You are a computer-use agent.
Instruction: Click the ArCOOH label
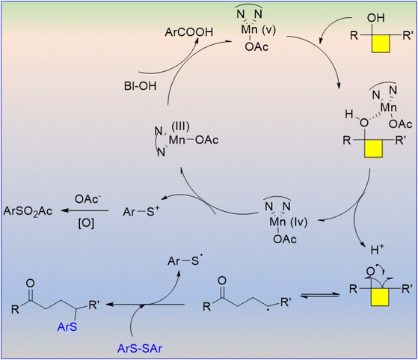189,32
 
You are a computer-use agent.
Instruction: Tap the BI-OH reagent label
141,86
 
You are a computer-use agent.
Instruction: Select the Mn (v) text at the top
258,30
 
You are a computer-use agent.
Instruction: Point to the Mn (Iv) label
289,222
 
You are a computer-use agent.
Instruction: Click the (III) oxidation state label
180,126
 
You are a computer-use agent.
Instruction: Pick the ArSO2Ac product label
28,212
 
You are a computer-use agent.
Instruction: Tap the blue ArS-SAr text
140,349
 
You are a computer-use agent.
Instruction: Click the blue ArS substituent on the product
67,327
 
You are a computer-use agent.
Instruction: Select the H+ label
377,250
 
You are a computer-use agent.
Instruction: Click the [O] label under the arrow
86,223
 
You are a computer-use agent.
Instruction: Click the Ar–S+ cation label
141,212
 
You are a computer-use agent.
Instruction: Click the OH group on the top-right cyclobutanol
376,18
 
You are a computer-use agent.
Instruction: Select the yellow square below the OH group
381,43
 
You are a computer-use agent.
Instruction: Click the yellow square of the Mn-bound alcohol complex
374,149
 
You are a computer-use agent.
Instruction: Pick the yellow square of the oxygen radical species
380,296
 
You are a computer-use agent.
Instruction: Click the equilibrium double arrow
320,296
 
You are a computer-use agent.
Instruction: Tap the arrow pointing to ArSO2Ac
84,211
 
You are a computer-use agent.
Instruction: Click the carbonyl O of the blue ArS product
31,283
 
